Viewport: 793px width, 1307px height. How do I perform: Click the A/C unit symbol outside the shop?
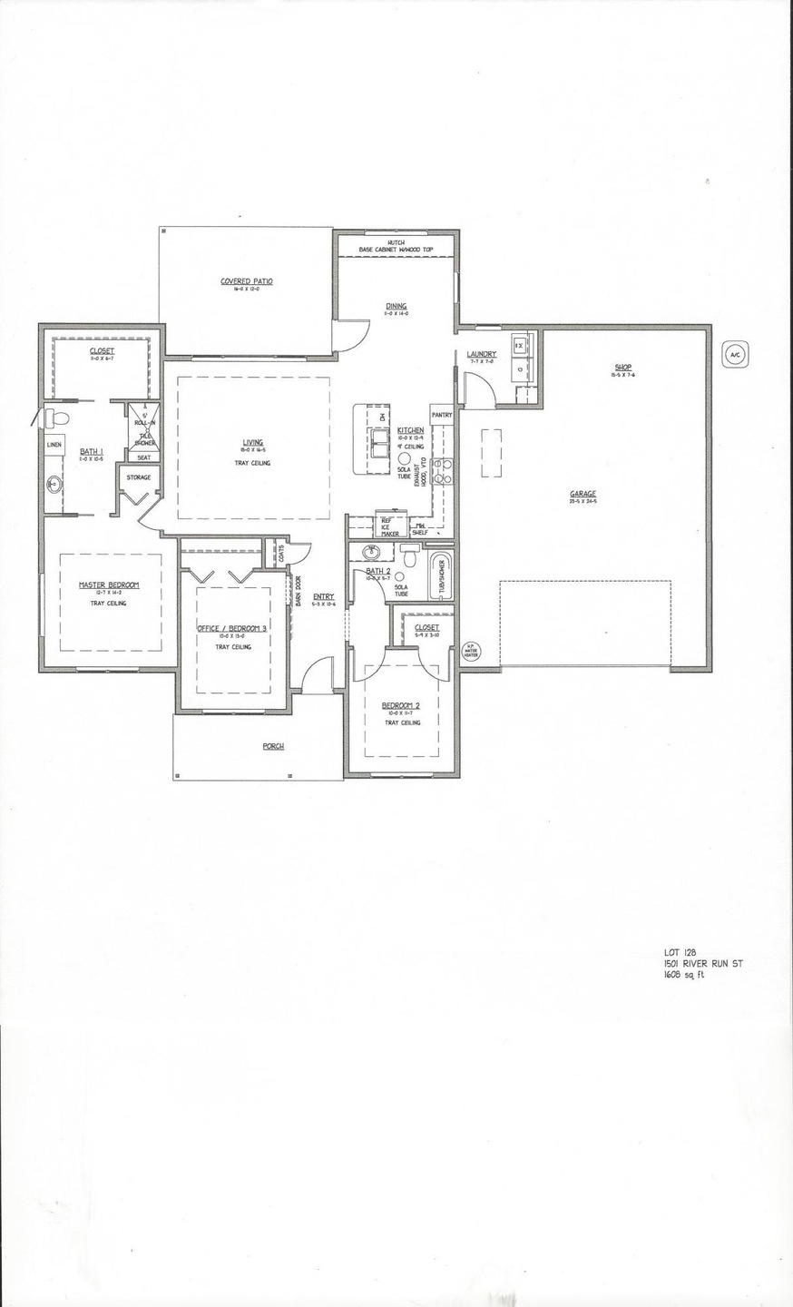(735, 356)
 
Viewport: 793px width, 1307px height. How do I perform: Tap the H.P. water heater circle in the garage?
(470, 651)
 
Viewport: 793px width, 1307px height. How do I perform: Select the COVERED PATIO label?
(247, 281)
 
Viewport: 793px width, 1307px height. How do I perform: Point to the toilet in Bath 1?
(56, 418)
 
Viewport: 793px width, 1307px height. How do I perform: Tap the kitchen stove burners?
(443, 470)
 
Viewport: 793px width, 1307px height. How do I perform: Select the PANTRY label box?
(442, 415)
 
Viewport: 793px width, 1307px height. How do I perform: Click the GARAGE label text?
(583, 495)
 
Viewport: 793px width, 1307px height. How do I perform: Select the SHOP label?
(622, 368)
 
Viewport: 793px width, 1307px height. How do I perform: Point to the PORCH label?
(273, 746)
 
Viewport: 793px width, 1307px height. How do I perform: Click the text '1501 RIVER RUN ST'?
(702, 964)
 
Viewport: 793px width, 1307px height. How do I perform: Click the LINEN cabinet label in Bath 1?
(54, 445)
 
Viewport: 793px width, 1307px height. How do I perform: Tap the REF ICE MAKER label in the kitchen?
(390, 527)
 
